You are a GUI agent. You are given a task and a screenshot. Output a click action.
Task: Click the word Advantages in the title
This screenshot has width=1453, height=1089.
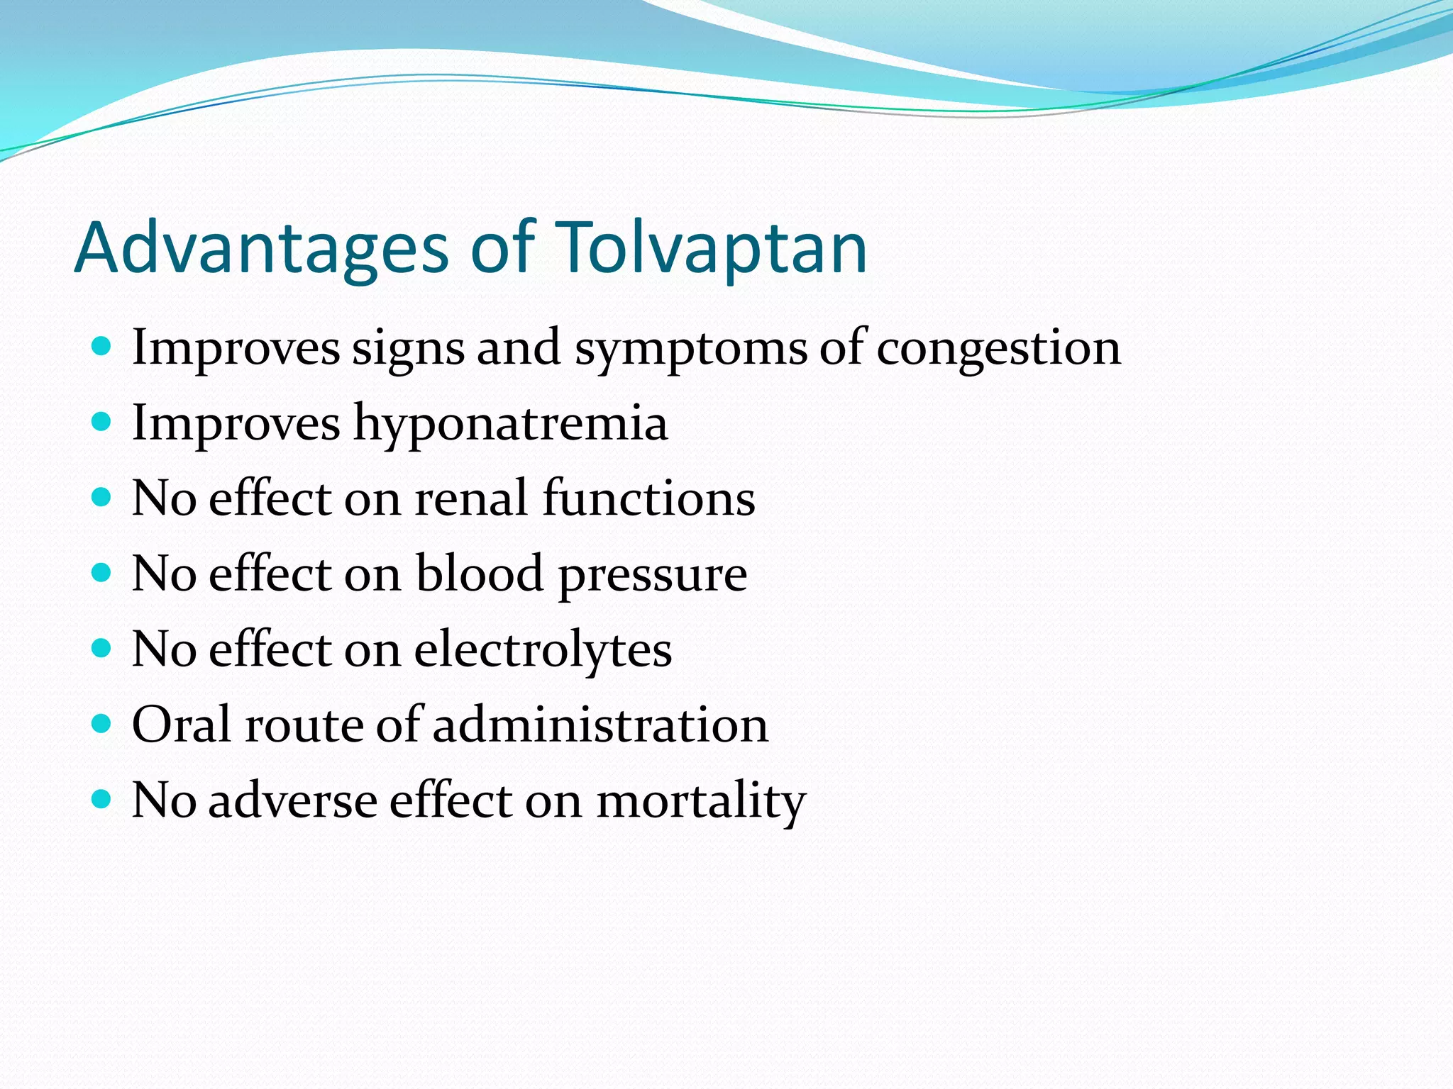click(x=261, y=248)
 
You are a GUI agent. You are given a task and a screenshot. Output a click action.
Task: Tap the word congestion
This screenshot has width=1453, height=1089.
click(x=999, y=349)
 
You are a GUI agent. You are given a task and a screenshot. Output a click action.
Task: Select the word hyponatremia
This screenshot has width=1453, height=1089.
click(x=511, y=424)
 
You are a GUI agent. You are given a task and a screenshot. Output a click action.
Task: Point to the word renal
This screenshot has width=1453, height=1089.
click(x=472, y=498)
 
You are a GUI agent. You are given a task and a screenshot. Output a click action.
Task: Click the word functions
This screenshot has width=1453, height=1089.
click(x=649, y=498)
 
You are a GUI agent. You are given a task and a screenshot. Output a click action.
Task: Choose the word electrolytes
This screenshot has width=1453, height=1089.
click(x=543, y=649)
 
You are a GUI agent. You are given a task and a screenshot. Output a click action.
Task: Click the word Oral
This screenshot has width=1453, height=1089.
click(x=182, y=725)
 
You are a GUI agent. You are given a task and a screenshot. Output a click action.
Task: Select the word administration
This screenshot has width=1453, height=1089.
click(x=600, y=725)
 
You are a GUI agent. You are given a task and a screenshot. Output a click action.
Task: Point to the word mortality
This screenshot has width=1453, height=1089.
click(x=701, y=801)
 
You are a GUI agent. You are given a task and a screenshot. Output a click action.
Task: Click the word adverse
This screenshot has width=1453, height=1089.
click(x=293, y=801)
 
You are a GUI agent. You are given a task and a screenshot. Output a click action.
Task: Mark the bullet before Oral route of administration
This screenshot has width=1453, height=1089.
click(x=102, y=724)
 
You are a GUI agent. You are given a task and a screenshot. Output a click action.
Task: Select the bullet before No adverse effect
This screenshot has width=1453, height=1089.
click(x=102, y=800)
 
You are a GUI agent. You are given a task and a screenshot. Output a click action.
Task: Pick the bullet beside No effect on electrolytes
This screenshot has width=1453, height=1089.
click(x=102, y=648)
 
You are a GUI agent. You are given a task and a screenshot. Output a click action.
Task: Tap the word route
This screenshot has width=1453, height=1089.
click(x=304, y=725)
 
